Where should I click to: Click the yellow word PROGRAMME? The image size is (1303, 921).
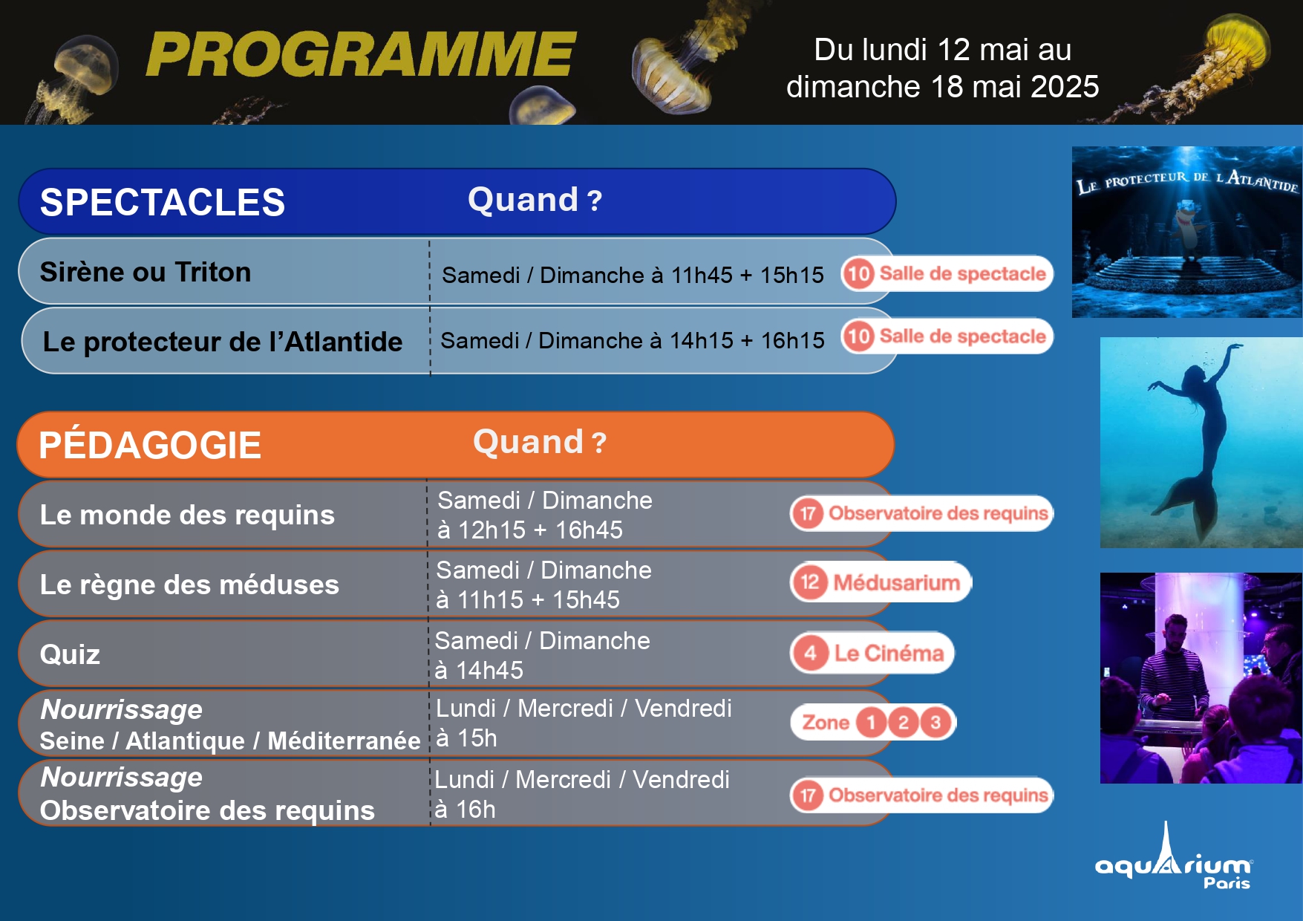click(361, 54)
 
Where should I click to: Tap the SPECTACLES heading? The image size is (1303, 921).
click(163, 202)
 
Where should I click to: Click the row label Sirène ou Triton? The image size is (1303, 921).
click(146, 272)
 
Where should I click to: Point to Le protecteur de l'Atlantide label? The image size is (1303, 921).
click(223, 342)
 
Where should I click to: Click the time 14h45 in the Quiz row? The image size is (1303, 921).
click(489, 671)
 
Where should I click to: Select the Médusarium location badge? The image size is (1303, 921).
click(881, 582)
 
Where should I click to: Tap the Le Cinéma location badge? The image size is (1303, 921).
click(872, 653)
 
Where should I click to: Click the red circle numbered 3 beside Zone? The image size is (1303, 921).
click(935, 722)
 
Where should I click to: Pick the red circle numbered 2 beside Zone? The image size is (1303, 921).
click(903, 722)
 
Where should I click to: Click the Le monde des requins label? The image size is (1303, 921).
click(187, 515)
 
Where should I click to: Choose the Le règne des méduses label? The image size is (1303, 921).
click(189, 585)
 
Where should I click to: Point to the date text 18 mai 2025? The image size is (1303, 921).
click(1015, 87)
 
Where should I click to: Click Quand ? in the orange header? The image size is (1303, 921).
click(540, 442)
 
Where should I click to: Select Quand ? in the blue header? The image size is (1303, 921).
click(535, 200)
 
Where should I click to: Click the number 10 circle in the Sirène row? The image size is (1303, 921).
click(858, 273)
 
